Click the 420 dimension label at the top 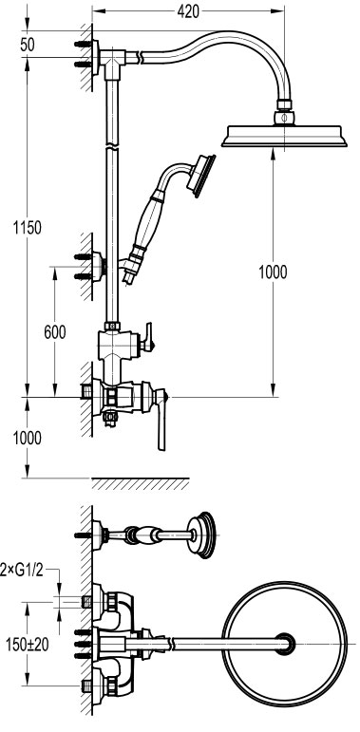[x=188, y=11]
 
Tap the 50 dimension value [x=28, y=45]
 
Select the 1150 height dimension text [x=28, y=228]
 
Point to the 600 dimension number [x=55, y=332]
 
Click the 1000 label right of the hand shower [x=274, y=272]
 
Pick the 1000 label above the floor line [x=28, y=438]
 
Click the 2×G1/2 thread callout [x=23, y=570]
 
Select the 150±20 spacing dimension [x=28, y=645]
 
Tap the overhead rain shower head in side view [x=284, y=136]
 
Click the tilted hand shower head [x=200, y=176]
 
